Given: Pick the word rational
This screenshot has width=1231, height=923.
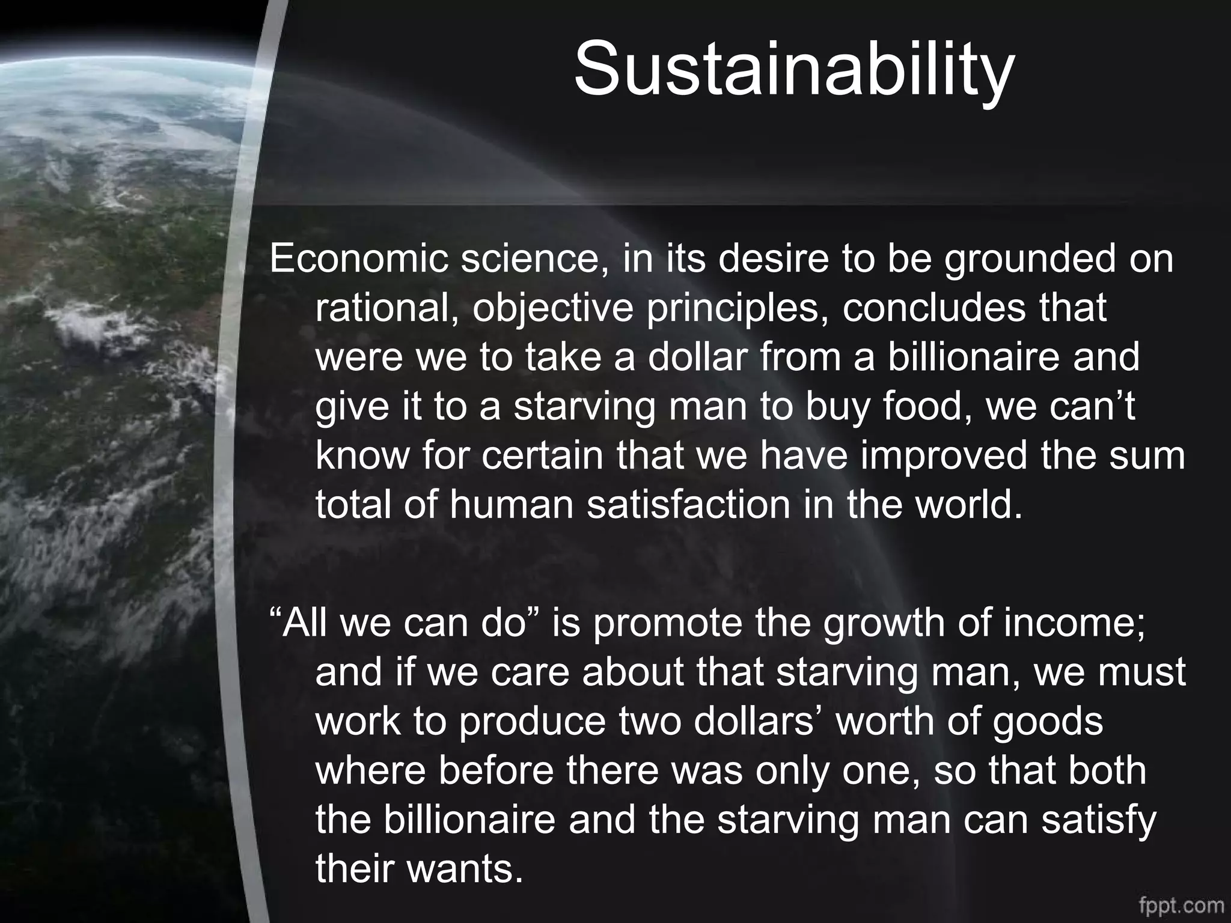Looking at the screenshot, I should pos(384,308).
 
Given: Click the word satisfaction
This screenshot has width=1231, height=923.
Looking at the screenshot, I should pos(688,505).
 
